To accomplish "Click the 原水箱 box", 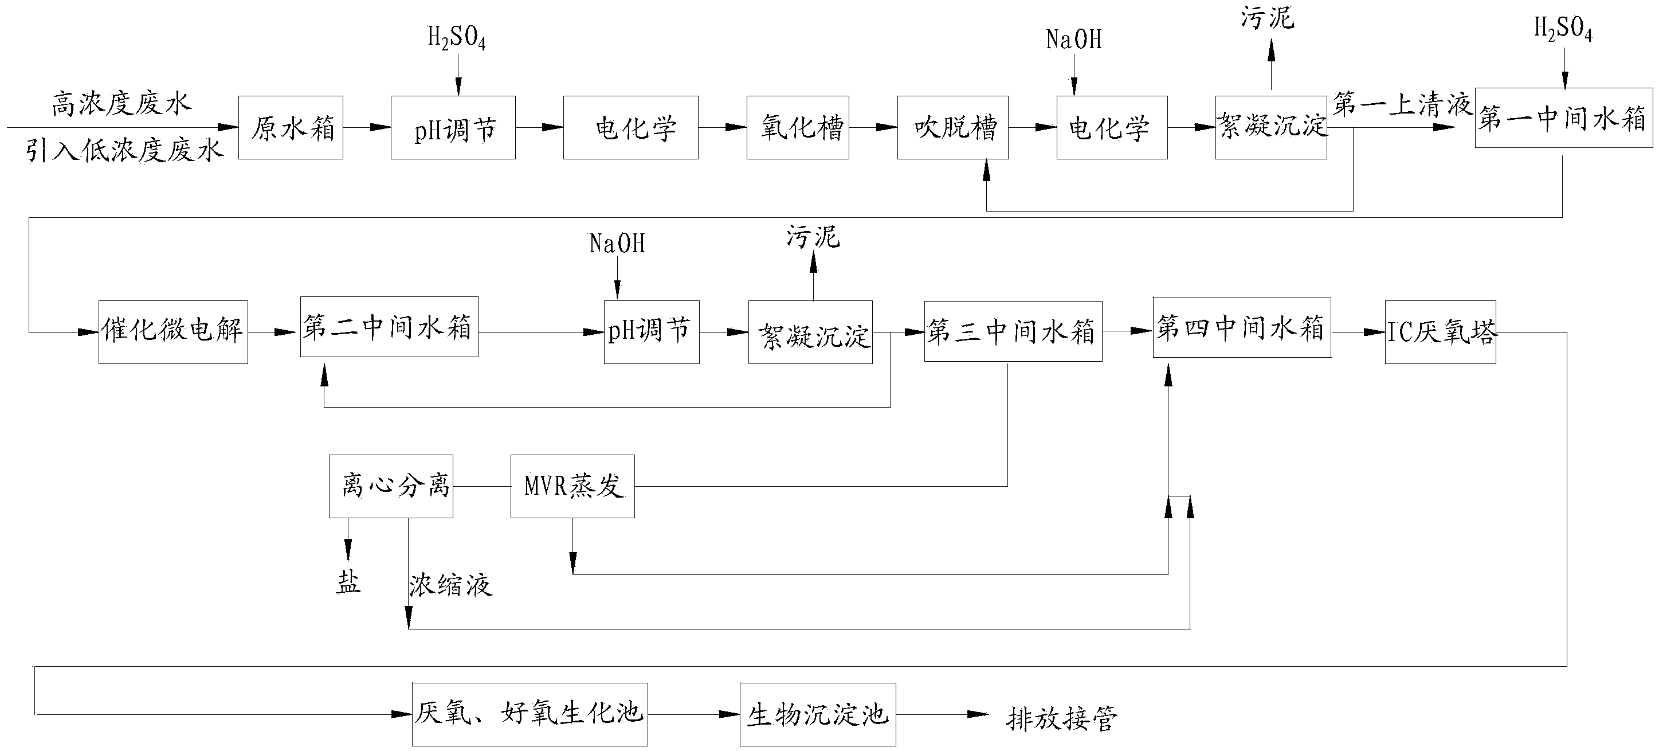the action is click(291, 127).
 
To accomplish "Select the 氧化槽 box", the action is click(798, 127).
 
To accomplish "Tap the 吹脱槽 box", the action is click(953, 127).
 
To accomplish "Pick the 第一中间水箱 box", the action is click(1564, 118).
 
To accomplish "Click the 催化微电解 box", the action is click(173, 333).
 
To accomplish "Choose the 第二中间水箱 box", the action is click(389, 327).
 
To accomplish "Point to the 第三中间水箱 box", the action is click(1013, 331).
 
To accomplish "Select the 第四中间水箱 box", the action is click(1242, 327).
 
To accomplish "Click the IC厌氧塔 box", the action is click(1441, 333).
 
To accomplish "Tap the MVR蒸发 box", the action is click(572, 486).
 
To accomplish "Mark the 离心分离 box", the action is click(391, 486).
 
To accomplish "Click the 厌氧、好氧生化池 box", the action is click(530, 714).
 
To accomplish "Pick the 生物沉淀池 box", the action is click(818, 714).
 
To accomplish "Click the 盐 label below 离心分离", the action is click(348, 583).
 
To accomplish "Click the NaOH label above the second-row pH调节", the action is click(617, 244).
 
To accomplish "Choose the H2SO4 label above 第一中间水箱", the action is click(1563, 30).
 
